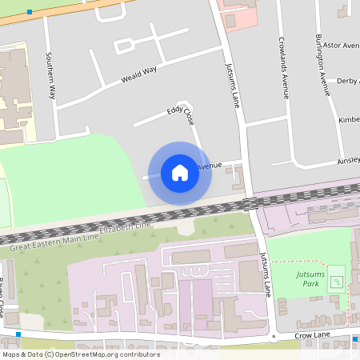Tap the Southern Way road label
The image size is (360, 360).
pyautogui.click(x=50, y=75)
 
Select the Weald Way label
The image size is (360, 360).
pyautogui.click(x=138, y=75)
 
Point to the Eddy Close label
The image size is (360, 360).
pyautogui.click(x=180, y=116)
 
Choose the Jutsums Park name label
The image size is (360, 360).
pyautogui.click(x=310, y=279)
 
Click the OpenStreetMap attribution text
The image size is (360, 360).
pyautogui.click(x=80, y=354)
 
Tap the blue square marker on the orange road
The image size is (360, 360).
pyautogui.click(x=30, y=12)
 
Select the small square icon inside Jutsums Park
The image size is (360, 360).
pyautogui.click(x=336, y=282)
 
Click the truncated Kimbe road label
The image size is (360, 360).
pyautogui.click(x=349, y=119)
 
